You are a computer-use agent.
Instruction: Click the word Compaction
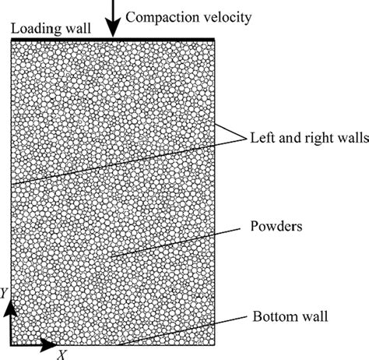click(x=158, y=16)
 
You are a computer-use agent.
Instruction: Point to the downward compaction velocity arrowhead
click(x=113, y=30)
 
